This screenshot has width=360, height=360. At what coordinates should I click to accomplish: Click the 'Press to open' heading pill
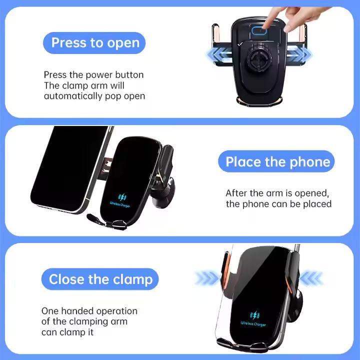pos(94,43)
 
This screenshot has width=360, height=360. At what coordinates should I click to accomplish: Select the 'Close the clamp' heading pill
pos(100,279)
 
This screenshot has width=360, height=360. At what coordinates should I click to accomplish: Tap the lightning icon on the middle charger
pos(121,197)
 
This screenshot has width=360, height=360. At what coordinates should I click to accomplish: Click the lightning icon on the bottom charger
pos(255,315)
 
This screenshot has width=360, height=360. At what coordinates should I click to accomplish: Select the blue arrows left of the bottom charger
pos(207,278)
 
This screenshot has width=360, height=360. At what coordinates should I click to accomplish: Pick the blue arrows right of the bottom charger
pos(311,278)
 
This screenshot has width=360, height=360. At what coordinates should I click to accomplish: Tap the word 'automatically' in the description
pos(73,96)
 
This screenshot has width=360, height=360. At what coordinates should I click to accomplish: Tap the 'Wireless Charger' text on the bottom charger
pos(253,324)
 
